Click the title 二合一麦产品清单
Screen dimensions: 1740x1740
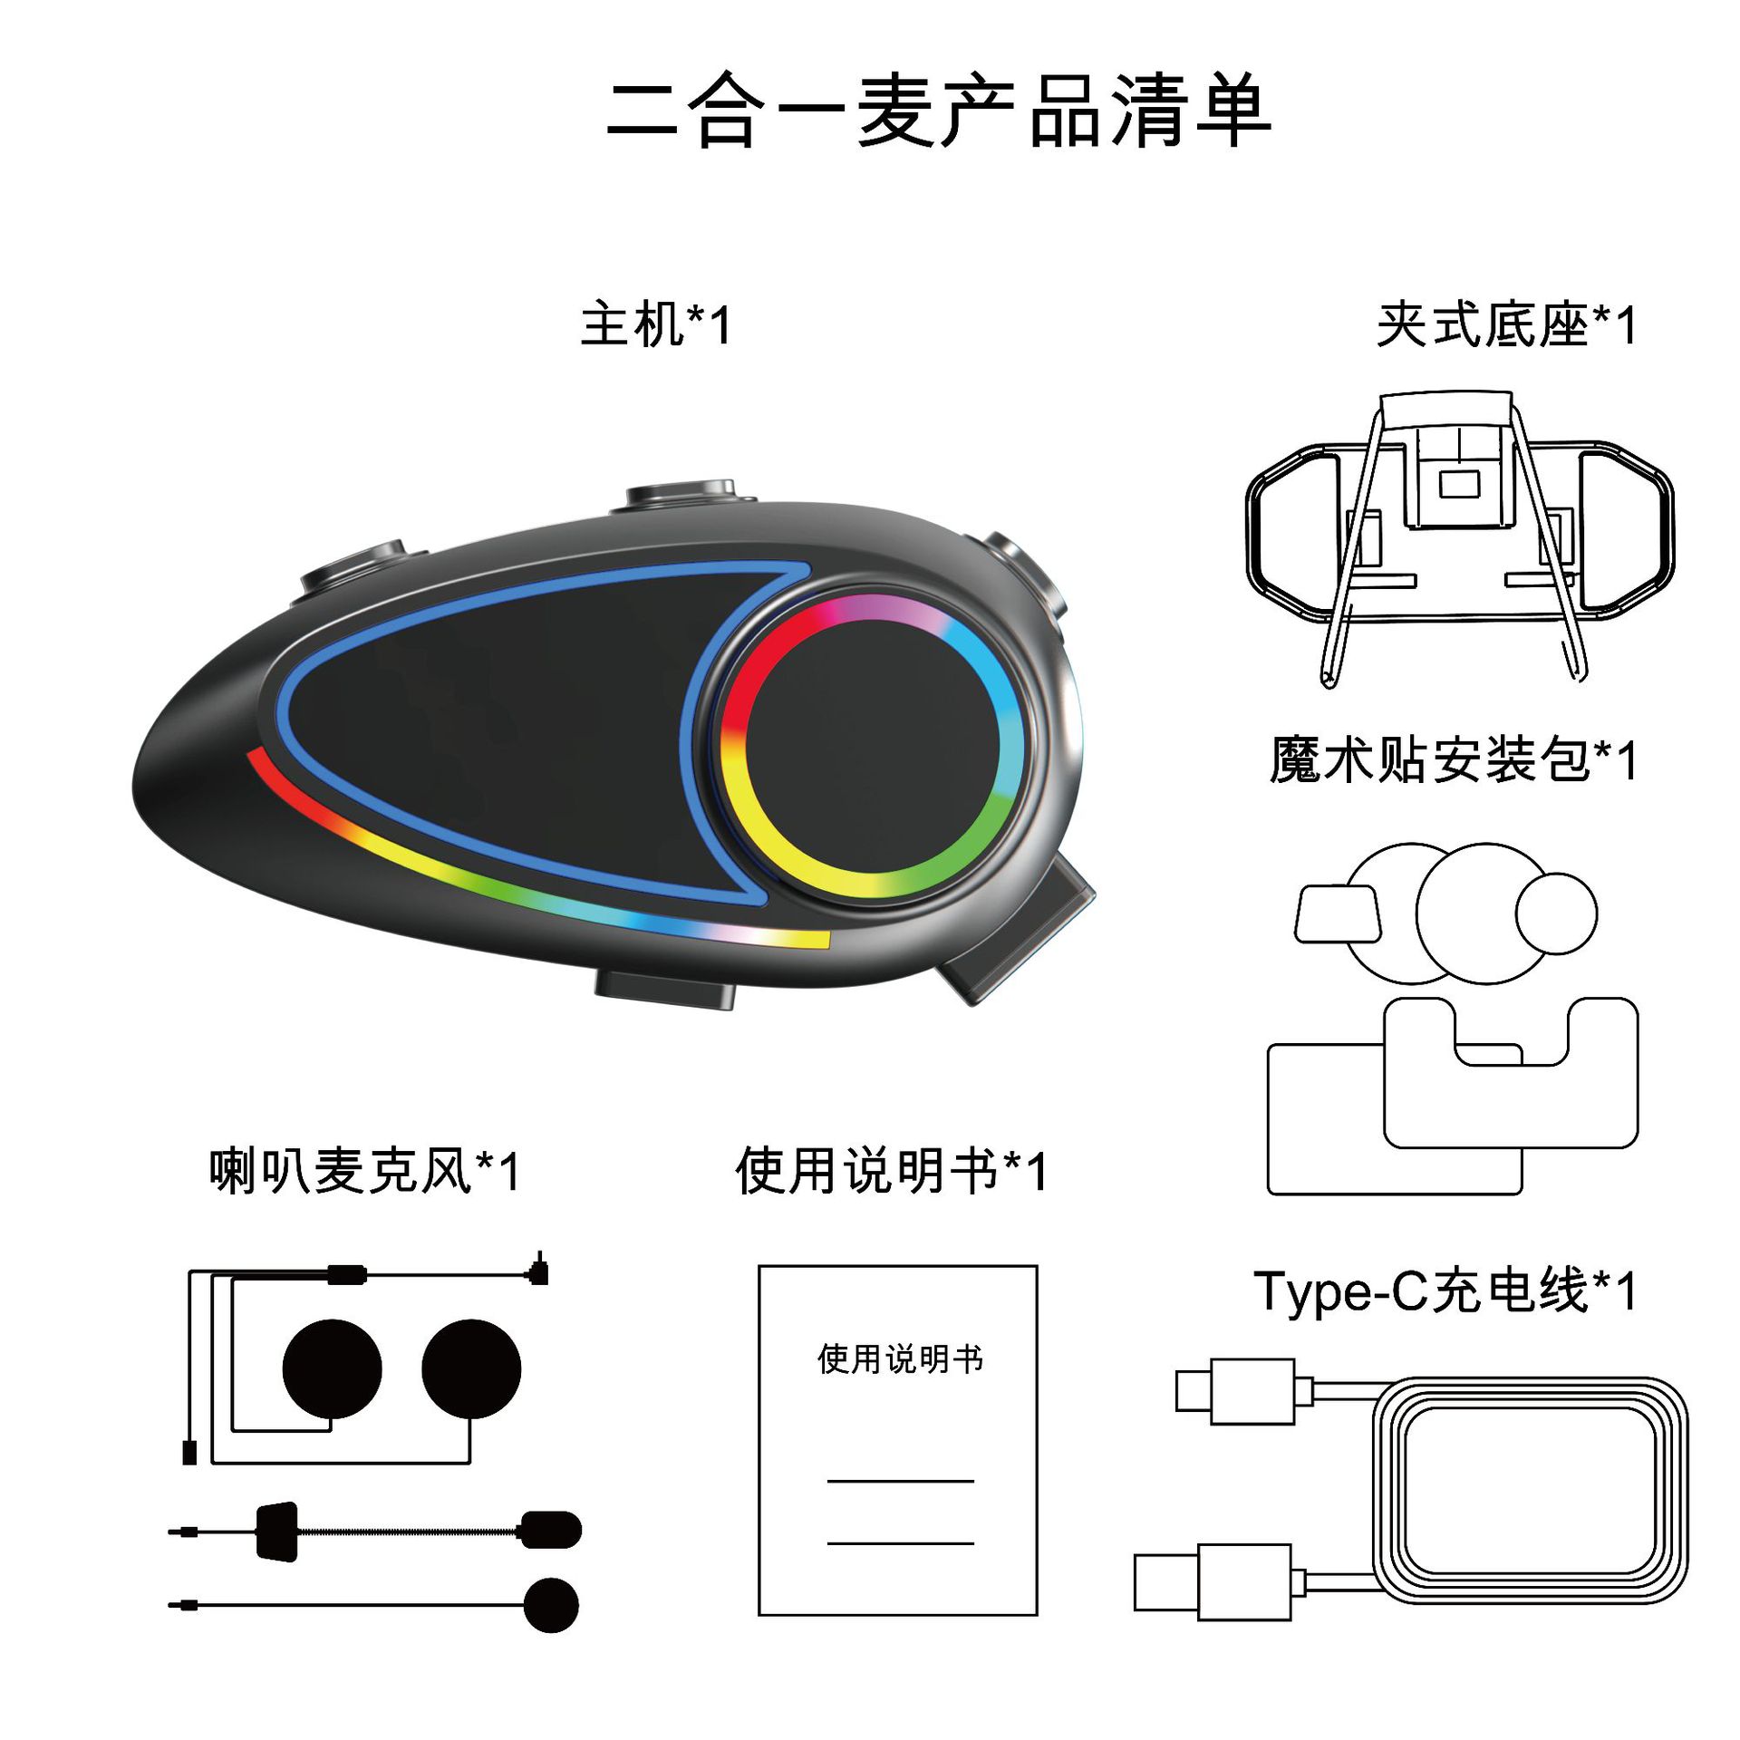pyautogui.click(x=939, y=111)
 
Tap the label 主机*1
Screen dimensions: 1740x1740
pyautogui.click(x=655, y=325)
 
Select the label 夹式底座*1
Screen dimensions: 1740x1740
pyautogui.click(x=1506, y=325)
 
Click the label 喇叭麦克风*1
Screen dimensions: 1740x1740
pyautogui.click(x=364, y=1171)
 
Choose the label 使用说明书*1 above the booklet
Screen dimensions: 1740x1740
pyautogui.click(x=892, y=1171)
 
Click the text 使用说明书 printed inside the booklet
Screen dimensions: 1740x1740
pyautogui.click(x=900, y=1359)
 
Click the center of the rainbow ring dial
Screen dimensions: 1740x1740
pyautogui.click(x=875, y=746)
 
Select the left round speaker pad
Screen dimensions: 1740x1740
pyautogui.click(x=332, y=1368)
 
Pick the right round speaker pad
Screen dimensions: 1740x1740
pyautogui.click(x=471, y=1368)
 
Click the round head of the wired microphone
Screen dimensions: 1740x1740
pyautogui.click(x=551, y=1605)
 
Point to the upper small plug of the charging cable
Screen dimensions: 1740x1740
pyautogui.click(x=1234, y=1391)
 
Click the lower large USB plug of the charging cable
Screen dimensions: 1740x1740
pyautogui.click(x=1213, y=1582)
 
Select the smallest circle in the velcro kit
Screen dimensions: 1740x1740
pyautogui.click(x=1556, y=913)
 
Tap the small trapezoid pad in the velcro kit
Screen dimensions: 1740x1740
pyautogui.click(x=1338, y=914)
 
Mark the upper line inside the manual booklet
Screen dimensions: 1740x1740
pyautogui.click(x=900, y=1482)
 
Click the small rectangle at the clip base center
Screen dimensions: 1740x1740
pyautogui.click(x=1459, y=485)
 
